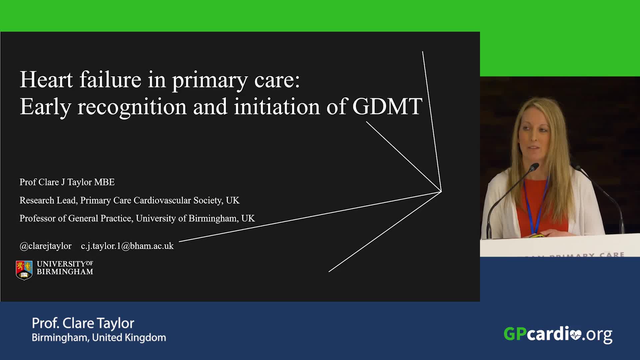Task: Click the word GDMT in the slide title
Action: [x=387, y=106]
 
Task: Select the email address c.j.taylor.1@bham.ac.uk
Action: [x=127, y=246]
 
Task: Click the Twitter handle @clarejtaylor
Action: [x=46, y=246]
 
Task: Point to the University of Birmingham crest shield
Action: [x=24, y=270]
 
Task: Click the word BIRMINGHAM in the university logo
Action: [x=65, y=272]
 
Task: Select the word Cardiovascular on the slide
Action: [x=162, y=200]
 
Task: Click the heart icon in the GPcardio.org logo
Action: [x=576, y=335]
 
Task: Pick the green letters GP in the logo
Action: [x=515, y=334]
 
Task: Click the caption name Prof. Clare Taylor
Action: [x=83, y=323]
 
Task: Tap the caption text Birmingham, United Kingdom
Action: [x=99, y=338]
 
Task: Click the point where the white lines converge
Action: [x=441, y=192]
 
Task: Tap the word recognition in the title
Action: [x=132, y=107]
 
